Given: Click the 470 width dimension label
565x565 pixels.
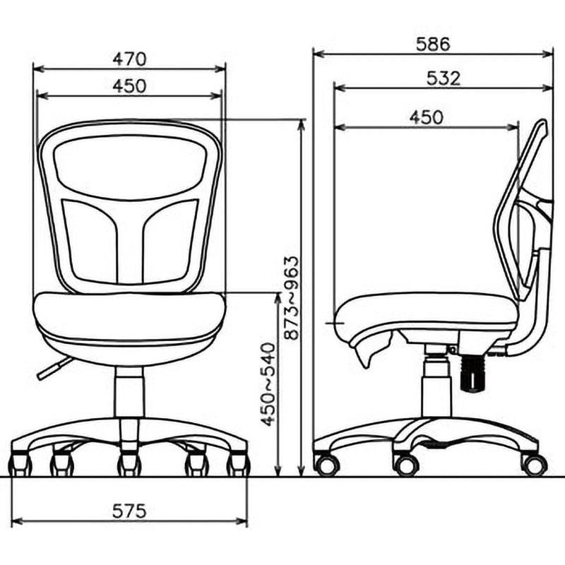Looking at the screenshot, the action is click(x=129, y=59).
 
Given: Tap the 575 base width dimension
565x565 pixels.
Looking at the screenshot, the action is click(x=129, y=511).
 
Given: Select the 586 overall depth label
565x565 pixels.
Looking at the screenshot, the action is click(x=433, y=44).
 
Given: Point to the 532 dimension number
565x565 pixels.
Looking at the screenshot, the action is click(x=444, y=78).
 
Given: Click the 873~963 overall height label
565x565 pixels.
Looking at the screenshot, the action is click(x=292, y=298).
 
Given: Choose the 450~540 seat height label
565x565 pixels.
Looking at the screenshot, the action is click(x=268, y=384).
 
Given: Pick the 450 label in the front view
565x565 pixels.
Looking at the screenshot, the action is click(x=129, y=86).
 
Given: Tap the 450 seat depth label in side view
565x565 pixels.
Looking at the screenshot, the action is click(x=427, y=117).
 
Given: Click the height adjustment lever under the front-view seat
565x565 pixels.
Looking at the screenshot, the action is click(x=54, y=368).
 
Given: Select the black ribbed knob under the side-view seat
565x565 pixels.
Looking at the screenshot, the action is click(x=472, y=373).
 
